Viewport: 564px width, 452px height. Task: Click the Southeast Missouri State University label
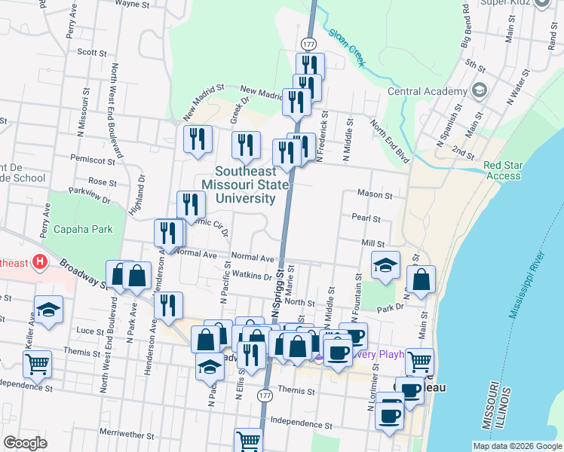[x=245, y=185]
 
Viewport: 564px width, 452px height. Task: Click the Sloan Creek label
[x=346, y=47]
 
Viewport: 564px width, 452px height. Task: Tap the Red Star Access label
[x=502, y=170]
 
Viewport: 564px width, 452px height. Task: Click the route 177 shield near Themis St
[x=264, y=395]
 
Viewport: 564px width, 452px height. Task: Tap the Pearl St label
[x=366, y=218]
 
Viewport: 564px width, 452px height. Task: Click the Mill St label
[x=372, y=244]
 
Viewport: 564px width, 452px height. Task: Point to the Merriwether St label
[x=126, y=435]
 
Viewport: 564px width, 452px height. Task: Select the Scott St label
[x=92, y=53]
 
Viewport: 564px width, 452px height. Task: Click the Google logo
[x=25, y=443]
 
